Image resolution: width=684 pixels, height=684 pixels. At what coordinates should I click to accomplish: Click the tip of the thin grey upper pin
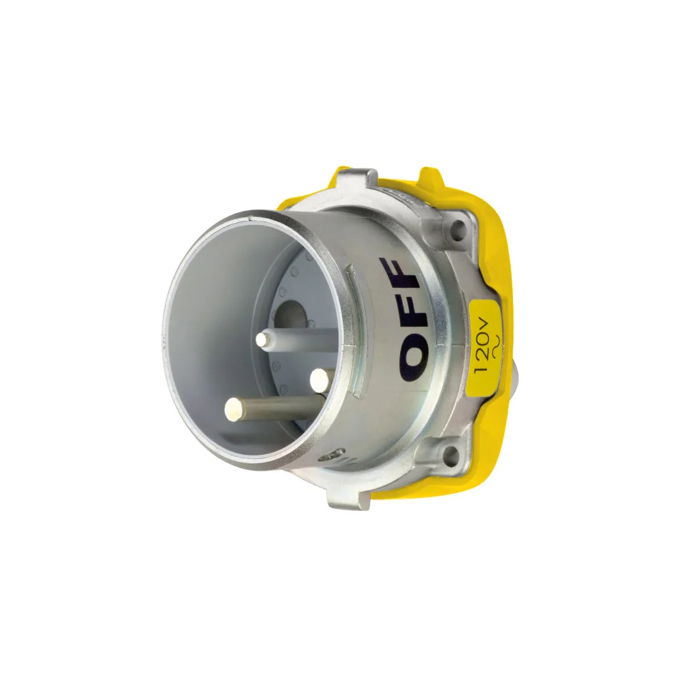(263, 340)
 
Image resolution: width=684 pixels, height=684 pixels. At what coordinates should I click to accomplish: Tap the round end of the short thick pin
(319, 380)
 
